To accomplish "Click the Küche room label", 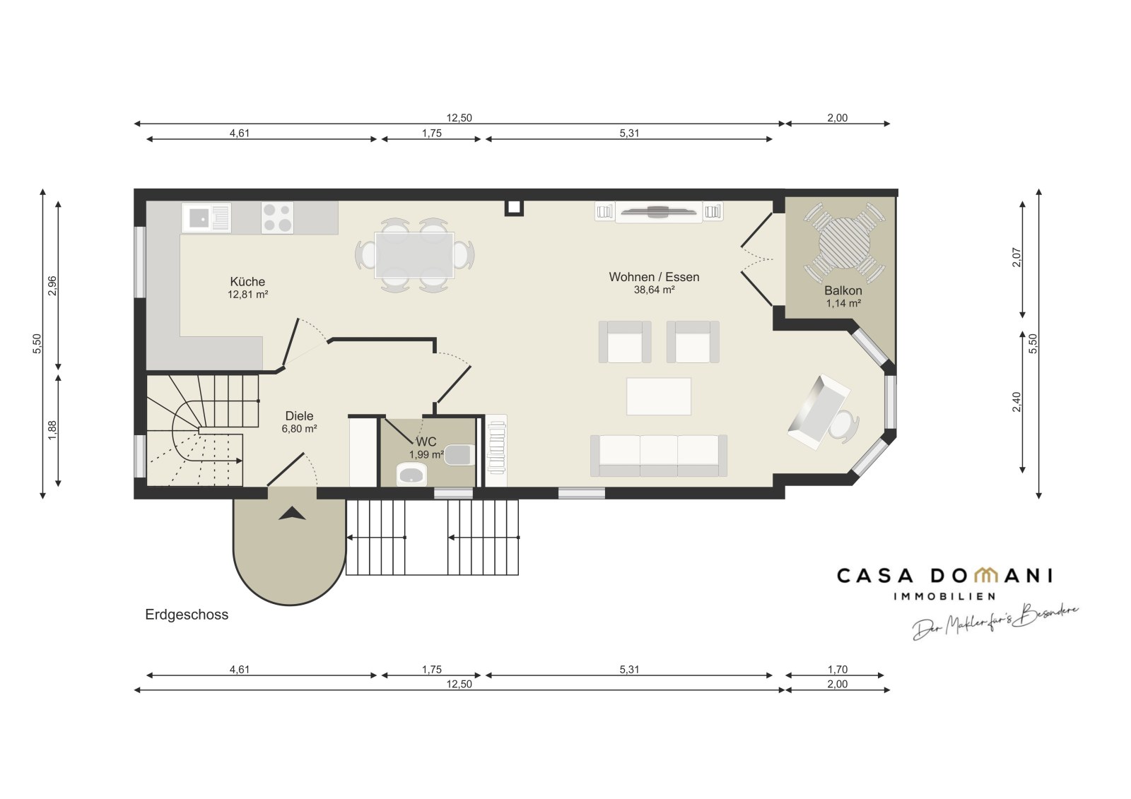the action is click(247, 282).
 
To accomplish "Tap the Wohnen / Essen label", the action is click(654, 277).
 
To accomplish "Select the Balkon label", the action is click(843, 291).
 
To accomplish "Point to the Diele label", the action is click(300, 416).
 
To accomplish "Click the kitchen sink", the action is click(206, 218).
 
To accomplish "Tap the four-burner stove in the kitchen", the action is click(277, 218).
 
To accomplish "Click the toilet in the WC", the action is click(459, 455).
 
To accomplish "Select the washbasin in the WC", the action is click(411, 475).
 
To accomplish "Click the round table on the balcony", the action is click(845, 243).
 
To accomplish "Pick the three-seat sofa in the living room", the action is click(659, 456).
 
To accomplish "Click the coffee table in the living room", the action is click(659, 396).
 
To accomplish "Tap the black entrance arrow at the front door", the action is click(293, 514).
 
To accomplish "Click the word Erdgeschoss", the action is click(187, 615).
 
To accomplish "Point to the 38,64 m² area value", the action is click(655, 290).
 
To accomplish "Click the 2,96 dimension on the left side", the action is click(52, 285).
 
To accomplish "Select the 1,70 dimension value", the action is click(838, 669).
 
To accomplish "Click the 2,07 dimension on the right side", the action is click(1017, 258).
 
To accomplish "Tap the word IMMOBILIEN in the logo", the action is click(944, 596).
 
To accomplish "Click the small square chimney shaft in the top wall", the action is click(514, 207).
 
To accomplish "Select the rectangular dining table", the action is click(414, 256).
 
